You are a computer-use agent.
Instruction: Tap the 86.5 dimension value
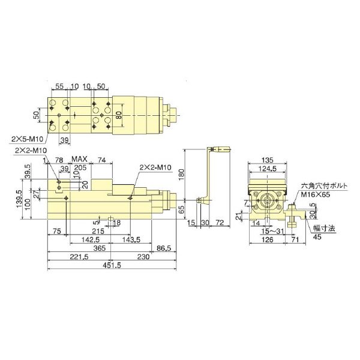(x=163, y=247)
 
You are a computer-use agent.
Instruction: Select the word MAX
(x=80, y=159)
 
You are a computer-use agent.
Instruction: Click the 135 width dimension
(x=269, y=160)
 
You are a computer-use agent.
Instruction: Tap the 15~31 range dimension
(x=268, y=231)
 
